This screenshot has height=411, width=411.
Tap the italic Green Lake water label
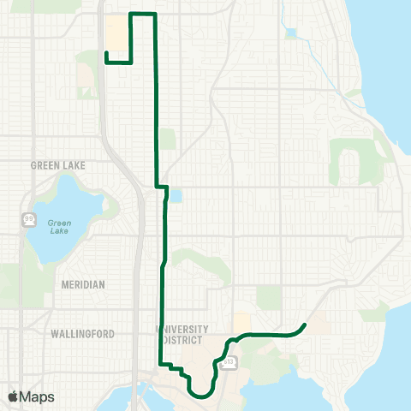[x=59, y=226]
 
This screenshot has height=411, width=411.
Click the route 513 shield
[x=229, y=363]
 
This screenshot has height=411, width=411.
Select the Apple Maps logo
[x=30, y=396]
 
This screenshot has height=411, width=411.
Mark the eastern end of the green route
[x=306, y=324]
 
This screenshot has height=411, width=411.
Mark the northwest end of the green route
[x=105, y=53]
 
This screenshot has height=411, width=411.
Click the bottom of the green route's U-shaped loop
[x=200, y=396]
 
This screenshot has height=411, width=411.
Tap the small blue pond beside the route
[x=176, y=196]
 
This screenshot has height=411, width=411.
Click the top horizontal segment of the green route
[x=142, y=14]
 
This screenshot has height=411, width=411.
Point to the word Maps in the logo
[x=37, y=396]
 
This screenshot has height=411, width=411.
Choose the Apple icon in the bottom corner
[x=12, y=396]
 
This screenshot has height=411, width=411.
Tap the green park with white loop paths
[x=354, y=160]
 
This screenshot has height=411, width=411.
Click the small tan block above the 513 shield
[x=242, y=321]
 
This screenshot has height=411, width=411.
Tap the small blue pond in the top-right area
[x=291, y=33]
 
